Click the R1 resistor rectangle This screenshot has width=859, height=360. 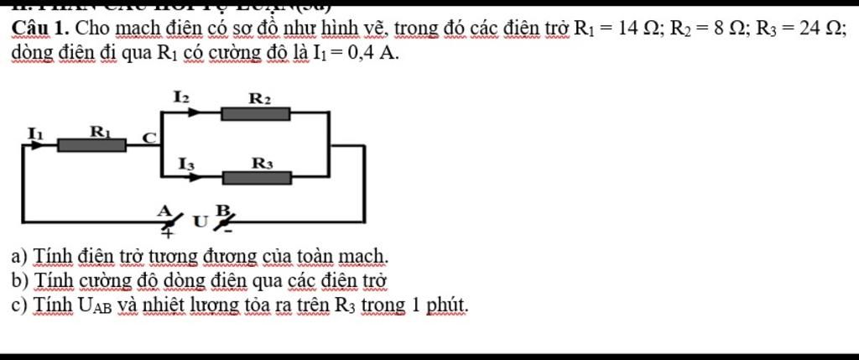[91, 144]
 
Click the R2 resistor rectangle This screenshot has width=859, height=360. [255, 113]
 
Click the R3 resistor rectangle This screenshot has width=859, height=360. [257, 177]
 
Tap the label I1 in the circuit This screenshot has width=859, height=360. [34, 131]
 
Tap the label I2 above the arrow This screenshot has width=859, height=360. [181, 97]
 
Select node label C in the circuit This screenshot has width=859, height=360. [148, 137]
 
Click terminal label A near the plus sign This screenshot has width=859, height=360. [164, 209]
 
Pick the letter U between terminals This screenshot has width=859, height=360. [198, 222]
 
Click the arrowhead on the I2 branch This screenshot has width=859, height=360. [195, 113]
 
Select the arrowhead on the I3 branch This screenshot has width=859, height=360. [195, 177]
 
